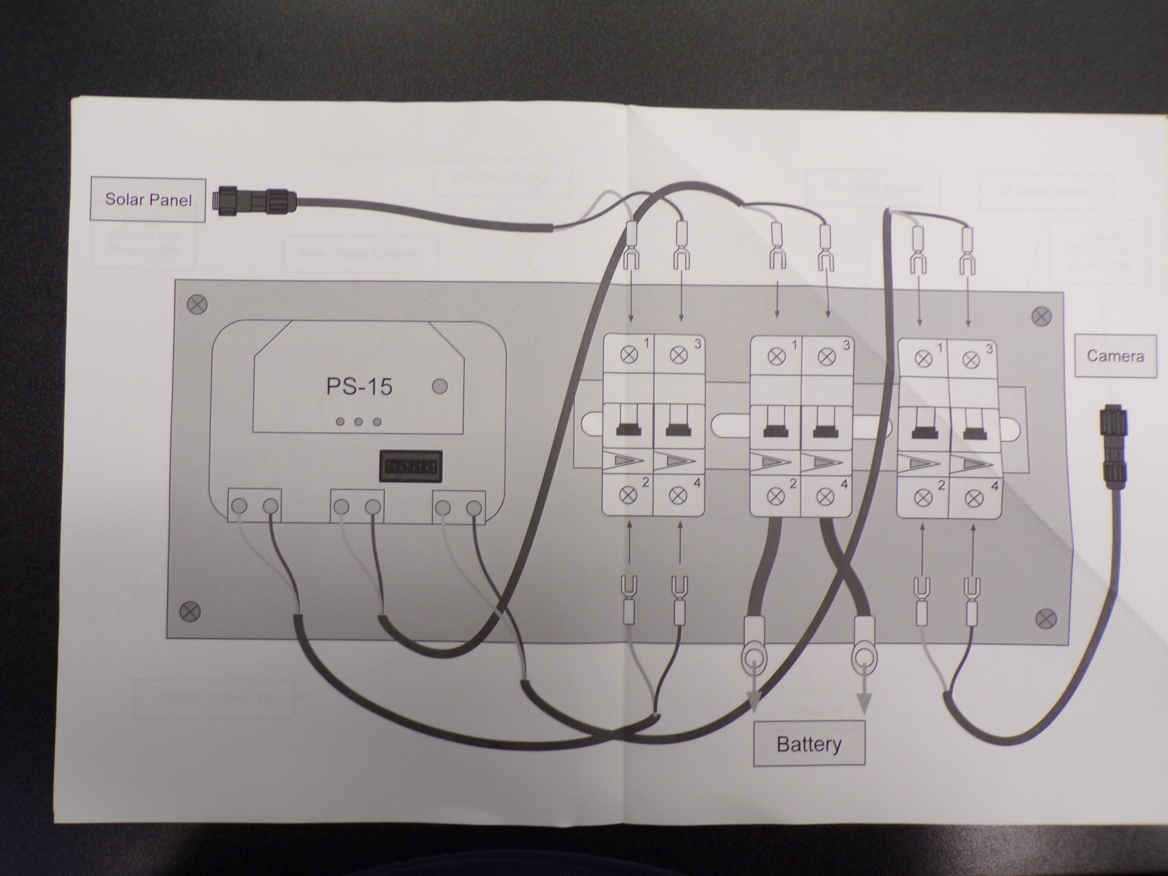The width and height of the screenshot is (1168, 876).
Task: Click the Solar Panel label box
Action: click(x=148, y=199)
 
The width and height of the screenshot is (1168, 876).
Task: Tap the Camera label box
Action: click(x=1115, y=356)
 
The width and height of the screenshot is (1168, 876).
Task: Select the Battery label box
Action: click(x=808, y=744)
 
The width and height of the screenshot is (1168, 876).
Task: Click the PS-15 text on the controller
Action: click(x=359, y=387)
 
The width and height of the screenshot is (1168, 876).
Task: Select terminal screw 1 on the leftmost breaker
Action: click(x=628, y=354)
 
